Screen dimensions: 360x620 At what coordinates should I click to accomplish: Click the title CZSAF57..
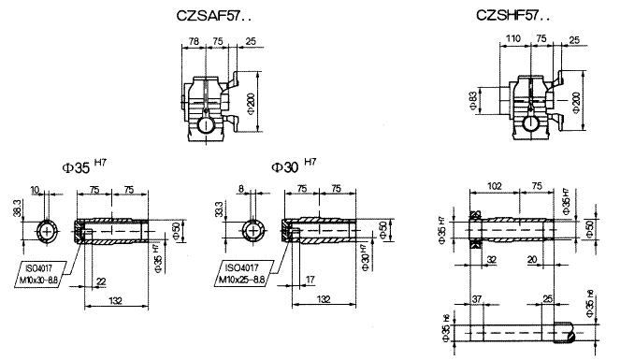(216, 16)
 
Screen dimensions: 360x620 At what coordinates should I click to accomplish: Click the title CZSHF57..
(513, 16)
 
